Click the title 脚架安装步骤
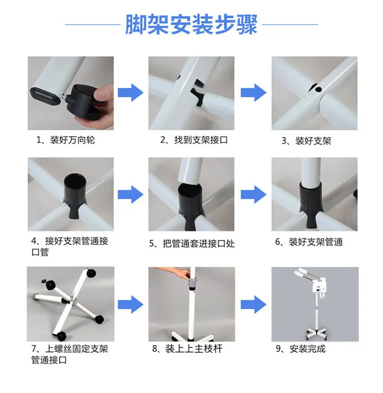tap(191, 25)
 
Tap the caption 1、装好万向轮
tap(66, 140)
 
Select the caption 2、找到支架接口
tap(194, 140)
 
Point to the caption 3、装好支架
tap(306, 141)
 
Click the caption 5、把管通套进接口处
tap(192, 243)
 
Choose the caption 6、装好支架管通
tap(309, 242)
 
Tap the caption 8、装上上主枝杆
tap(187, 348)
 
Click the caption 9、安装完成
tap(301, 349)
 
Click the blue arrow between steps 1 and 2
tap(130, 93)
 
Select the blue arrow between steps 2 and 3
tap(254, 93)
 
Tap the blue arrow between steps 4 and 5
tap(130, 194)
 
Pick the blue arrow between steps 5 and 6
tap(254, 194)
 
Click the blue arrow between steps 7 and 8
tap(130, 304)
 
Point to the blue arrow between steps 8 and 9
tap(254, 304)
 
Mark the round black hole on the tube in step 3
tap(319, 89)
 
